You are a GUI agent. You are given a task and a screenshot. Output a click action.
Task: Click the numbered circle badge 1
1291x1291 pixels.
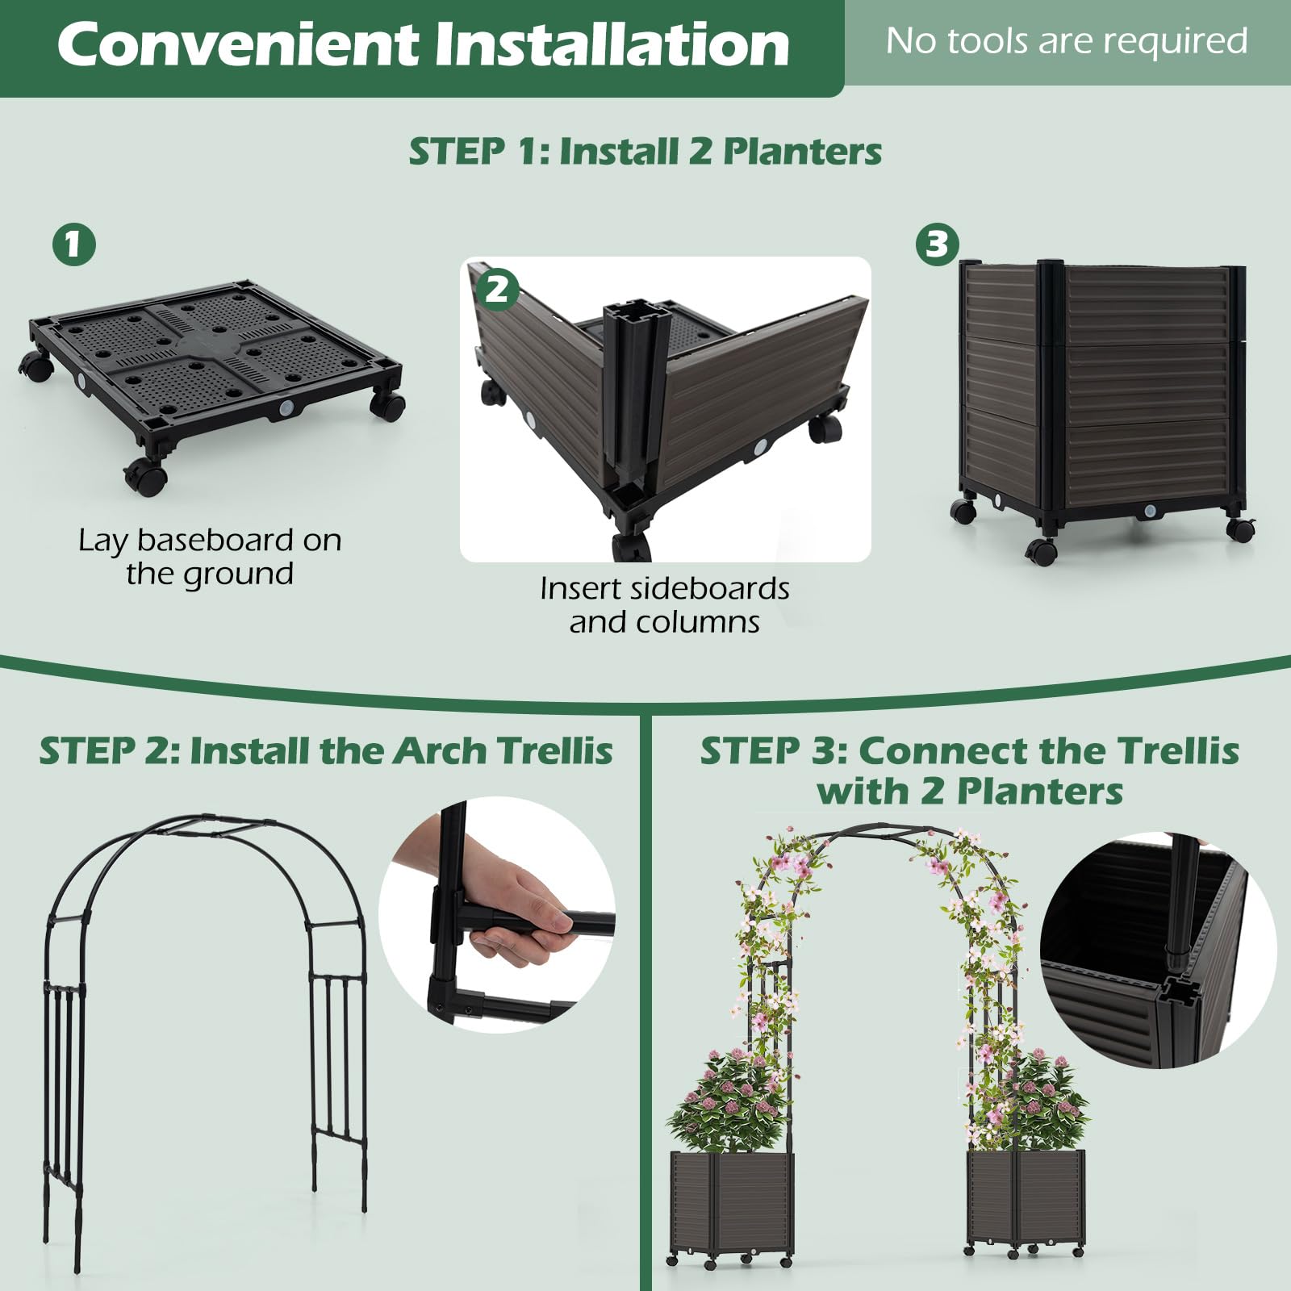coord(73,244)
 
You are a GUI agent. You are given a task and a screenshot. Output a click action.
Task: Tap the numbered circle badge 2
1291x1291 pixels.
coord(497,289)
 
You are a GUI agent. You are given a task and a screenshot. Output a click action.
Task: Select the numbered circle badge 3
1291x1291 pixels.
coord(937,244)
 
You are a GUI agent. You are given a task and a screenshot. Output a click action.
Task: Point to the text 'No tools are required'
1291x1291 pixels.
coord(1066,41)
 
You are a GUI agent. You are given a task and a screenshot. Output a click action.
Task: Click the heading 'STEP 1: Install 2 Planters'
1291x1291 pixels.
coord(645,152)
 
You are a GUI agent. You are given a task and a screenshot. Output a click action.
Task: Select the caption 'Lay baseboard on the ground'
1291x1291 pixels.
coord(210,557)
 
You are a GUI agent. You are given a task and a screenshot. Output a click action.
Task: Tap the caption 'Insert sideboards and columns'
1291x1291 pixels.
coord(664,605)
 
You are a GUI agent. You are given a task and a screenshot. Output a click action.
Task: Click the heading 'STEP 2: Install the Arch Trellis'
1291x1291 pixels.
coord(325,751)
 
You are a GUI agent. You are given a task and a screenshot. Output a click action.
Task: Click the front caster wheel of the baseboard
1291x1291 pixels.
coord(146,477)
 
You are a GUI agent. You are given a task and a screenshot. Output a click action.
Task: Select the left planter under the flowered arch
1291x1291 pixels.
coord(732,1202)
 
